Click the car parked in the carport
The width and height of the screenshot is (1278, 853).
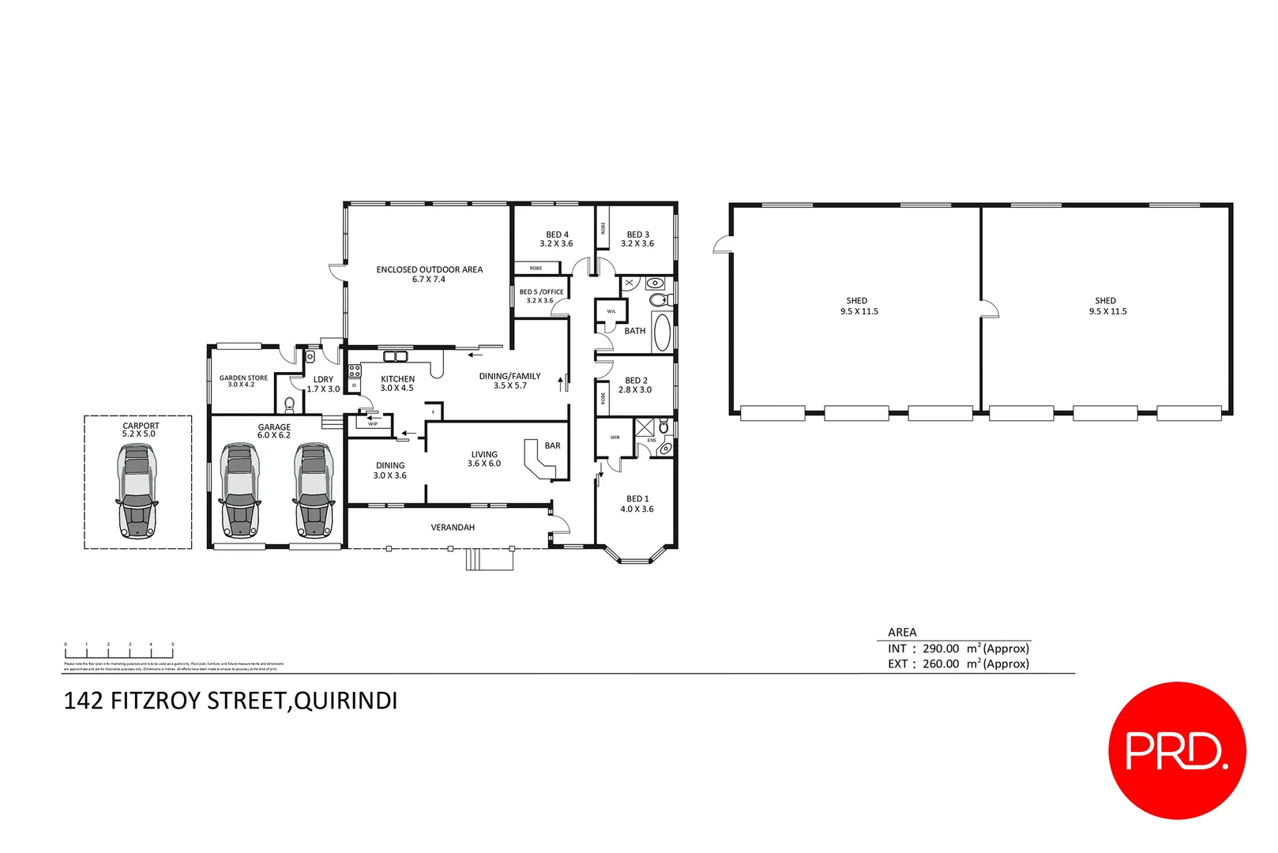(x=137, y=491)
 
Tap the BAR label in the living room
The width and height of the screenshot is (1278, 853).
(x=552, y=446)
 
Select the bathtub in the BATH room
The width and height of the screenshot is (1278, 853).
(x=662, y=332)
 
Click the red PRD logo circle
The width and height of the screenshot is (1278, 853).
(x=1176, y=750)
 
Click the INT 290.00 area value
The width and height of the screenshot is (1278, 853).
(x=940, y=648)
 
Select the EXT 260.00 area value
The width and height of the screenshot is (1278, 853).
(x=940, y=664)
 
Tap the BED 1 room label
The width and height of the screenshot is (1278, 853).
(x=637, y=499)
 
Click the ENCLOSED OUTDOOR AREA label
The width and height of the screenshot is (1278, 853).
(x=429, y=270)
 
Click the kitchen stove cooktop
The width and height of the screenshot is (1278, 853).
(x=355, y=370)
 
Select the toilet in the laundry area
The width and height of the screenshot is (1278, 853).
(x=290, y=404)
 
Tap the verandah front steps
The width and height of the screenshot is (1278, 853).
(x=490, y=559)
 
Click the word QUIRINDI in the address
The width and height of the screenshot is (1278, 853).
(x=345, y=701)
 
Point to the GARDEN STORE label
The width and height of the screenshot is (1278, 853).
(x=243, y=378)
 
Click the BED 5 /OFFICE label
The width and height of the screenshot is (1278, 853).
(x=541, y=292)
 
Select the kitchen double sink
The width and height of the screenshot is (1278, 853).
(x=395, y=356)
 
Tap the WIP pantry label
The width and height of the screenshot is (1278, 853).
(x=373, y=424)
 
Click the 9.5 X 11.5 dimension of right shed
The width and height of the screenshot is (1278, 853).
(x=1107, y=312)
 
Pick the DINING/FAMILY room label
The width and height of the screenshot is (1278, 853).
(x=509, y=377)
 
